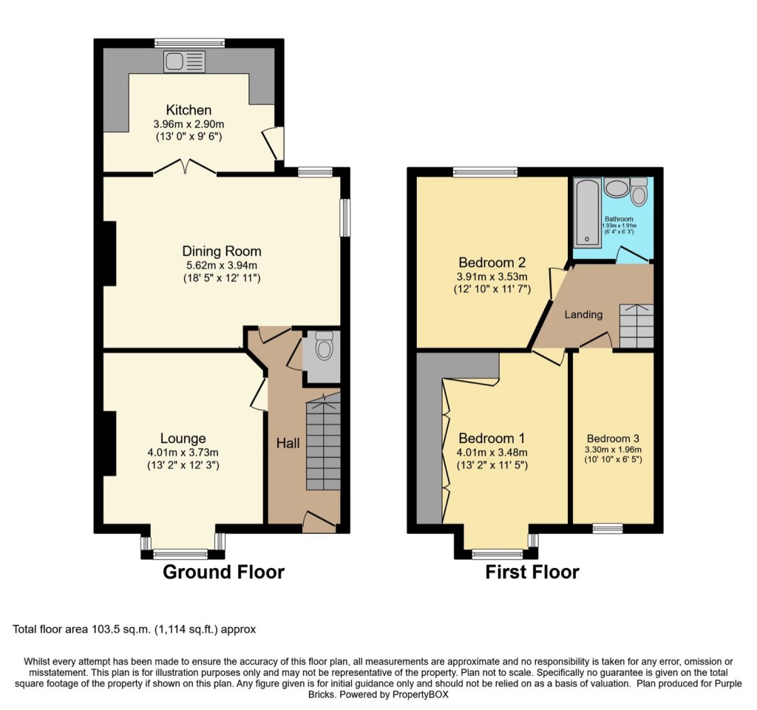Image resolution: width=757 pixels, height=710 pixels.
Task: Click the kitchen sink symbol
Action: pyautogui.click(x=184, y=62)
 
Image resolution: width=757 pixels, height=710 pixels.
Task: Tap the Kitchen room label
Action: pyautogui.click(x=189, y=110)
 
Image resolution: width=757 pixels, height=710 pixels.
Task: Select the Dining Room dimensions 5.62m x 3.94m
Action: pyautogui.click(x=222, y=266)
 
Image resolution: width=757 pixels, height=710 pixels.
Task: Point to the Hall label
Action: pyautogui.click(x=288, y=444)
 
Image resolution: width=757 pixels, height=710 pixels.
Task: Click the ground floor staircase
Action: pyautogui.click(x=324, y=442)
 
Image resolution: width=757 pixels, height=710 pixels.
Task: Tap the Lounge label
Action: pyautogui.click(x=183, y=439)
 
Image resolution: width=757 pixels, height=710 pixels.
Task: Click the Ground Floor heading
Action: pyautogui.click(x=223, y=572)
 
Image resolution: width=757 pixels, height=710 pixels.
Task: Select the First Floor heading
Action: pyautogui.click(x=532, y=572)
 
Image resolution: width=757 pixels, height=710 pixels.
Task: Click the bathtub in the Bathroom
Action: pyautogui.click(x=587, y=212)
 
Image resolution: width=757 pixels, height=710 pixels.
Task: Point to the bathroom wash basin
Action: pyautogui.click(x=616, y=187)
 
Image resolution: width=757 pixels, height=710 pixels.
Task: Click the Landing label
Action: pyautogui.click(x=584, y=315)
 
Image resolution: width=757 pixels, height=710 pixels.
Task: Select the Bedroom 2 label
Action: pyautogui.click(x=492, y=263)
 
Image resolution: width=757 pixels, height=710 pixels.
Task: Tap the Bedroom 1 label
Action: pyautogui.click(x=492, y=439)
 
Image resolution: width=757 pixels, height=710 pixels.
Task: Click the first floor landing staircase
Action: pyautogui.click(x=637, y=326)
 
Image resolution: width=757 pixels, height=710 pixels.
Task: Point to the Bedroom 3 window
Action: pyautogui.click(x=608, y=528)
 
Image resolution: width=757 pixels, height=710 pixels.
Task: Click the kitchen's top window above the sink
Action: pyautogui.click(x=190, y=43)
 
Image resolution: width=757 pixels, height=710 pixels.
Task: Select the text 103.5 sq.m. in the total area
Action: pyautogui.click(x=120, y=629)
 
